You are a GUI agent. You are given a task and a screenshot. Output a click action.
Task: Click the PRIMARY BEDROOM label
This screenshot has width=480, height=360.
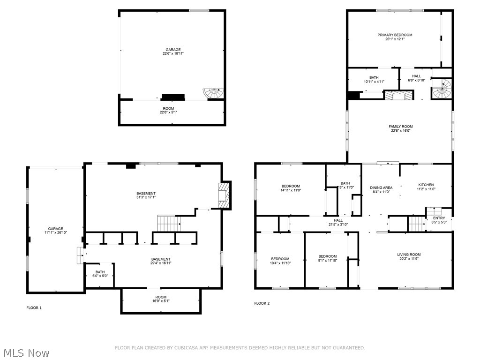(x=395, y=35)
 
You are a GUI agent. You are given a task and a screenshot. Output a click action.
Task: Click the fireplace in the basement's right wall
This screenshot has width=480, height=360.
(x=224, y=195)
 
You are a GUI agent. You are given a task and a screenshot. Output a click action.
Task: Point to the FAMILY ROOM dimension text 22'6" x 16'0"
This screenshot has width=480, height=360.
(x=400, y=131)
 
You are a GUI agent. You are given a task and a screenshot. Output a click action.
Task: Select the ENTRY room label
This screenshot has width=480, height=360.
(x=439, y=218)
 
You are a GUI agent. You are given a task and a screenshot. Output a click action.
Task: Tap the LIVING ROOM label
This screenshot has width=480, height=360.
(x=409, y=255)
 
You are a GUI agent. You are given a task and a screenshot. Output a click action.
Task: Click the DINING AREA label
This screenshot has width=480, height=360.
(x=381, y=187)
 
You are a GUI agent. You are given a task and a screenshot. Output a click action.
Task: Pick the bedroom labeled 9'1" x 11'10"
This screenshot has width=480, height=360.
(x=328, y=258)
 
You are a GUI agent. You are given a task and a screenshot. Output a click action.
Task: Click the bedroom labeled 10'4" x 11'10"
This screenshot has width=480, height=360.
(x=280, y=261)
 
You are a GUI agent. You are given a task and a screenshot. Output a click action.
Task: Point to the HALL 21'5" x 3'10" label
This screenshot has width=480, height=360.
(x=338, y=222)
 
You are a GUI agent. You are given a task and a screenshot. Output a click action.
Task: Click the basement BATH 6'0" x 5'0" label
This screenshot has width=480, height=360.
(x=100, y=274)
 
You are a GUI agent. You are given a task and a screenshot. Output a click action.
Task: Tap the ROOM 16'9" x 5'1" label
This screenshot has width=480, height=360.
(x=161, y=299)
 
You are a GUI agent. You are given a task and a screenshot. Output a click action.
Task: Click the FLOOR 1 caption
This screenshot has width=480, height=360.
(x=34, y=307)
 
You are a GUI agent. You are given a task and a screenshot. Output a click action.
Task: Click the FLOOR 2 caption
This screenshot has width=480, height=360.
(x=262, y=303)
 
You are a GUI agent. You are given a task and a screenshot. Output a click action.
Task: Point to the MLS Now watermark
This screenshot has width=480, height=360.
(x=26, y=352)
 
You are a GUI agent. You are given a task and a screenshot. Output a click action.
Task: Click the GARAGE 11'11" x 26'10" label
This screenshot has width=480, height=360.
(x=55, y=231)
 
